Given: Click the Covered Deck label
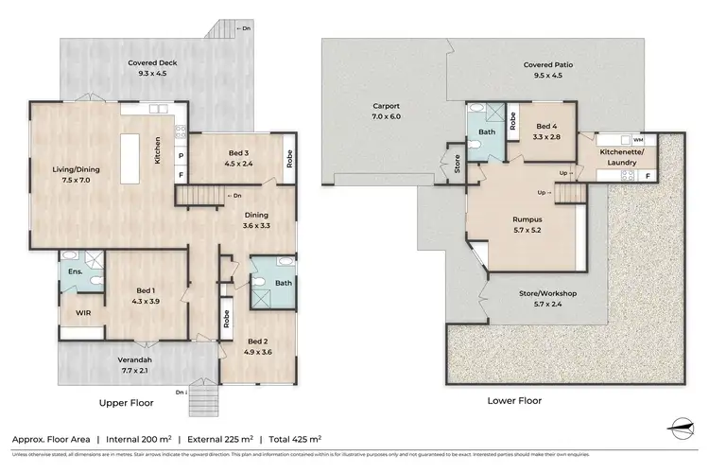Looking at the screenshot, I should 153,64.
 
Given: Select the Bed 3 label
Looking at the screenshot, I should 239,153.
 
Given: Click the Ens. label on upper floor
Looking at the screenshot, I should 74,273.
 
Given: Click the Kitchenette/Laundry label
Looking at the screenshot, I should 624,157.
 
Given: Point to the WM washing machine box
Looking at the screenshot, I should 639,139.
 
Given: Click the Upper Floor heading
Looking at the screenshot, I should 127,402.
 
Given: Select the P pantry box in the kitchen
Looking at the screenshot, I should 181,154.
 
